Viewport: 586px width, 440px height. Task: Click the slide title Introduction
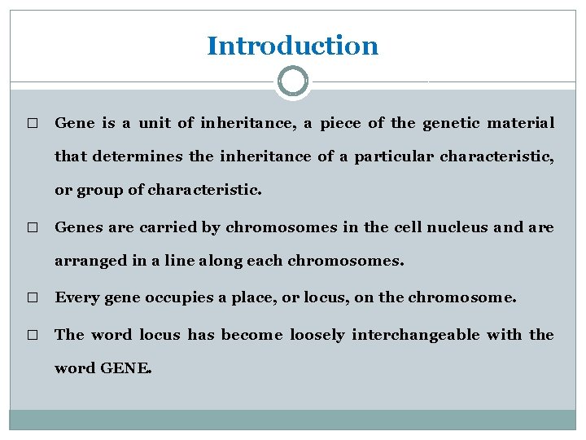[292, 46]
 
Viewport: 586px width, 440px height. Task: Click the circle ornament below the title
[292, 81]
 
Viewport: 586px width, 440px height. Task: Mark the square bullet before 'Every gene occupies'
[32, 299]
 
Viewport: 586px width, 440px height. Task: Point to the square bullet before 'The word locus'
[32, 336]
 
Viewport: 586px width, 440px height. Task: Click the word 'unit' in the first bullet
[154, 123]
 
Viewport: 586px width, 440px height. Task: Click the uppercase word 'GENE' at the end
[125, 368]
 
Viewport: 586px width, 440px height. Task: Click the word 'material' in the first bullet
[521, 123]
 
